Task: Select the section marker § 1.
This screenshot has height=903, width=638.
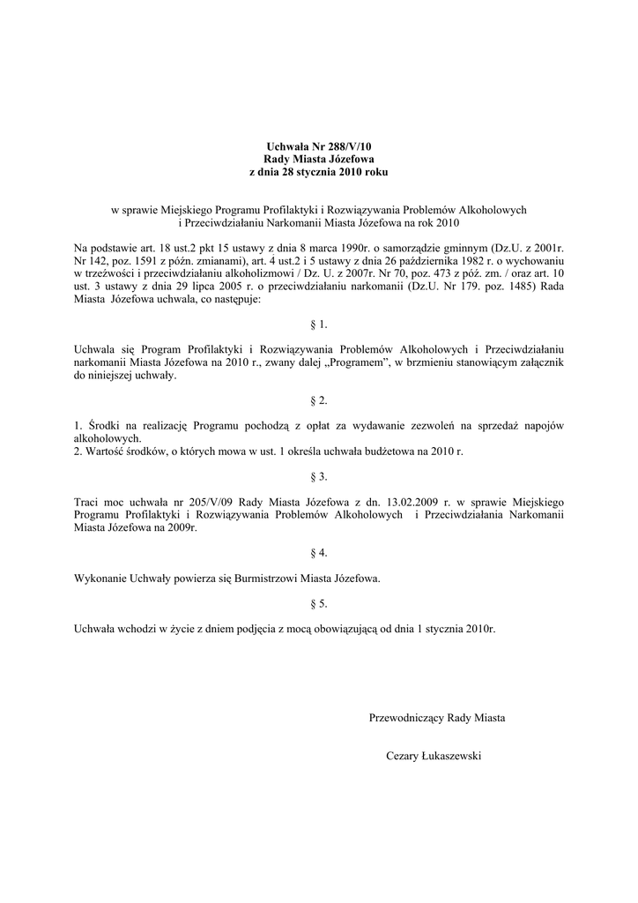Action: click(x=319, y=325)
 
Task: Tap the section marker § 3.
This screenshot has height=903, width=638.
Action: click(x=319, y=476)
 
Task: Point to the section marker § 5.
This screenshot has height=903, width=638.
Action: click(x=319, y=604)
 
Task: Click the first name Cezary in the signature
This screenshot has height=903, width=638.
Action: click(x=404, y=756)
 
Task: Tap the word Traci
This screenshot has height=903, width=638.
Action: click(x=88, y=502)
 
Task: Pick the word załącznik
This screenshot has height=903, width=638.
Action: click(x=538, y=362)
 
